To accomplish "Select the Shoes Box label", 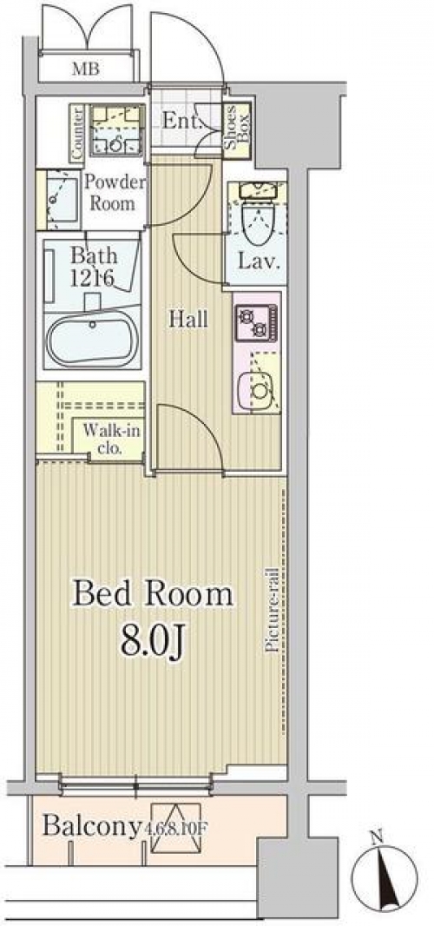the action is tap(236, 129).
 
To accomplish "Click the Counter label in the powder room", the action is tap(77, 132).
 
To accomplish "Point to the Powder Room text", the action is tap(114, 193).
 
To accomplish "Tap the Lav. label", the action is tap(258, 261).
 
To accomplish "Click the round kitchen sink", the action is tap(257, 390).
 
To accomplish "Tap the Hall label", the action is tap(188, 320).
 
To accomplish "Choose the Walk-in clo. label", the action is tap(110, 438).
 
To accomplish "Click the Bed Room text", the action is tap(153, 594).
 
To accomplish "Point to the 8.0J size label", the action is tap(154, 641).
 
